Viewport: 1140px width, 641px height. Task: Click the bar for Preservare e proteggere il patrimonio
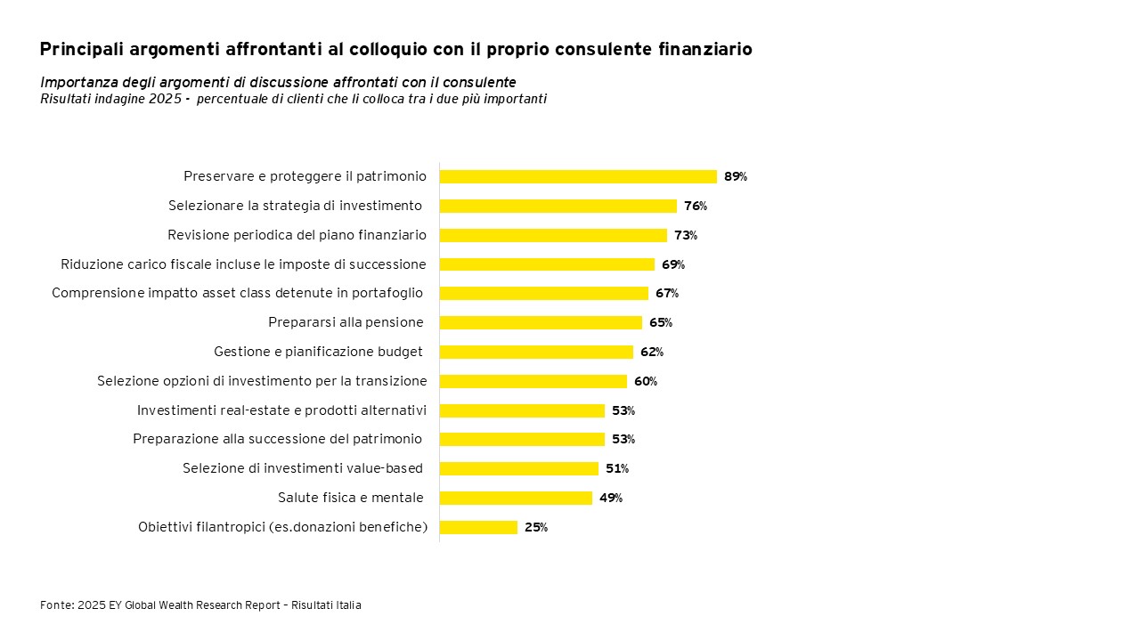tap(577, 176)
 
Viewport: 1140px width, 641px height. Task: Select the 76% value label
tap(695, 206)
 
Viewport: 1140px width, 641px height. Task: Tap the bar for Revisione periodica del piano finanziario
tap(552, 235)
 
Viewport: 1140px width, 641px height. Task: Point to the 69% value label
tap(672, 264)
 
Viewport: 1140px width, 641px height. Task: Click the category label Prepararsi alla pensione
tap(346, 322)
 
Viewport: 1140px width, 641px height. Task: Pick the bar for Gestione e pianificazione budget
tap(536, 352)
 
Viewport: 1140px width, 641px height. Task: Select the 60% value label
tap(645, 381)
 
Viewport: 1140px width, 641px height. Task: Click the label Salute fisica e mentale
tap(350, 498)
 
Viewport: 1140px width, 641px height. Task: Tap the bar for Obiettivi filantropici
tap(478, 527)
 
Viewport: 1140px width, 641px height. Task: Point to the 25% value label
tap(535, 527)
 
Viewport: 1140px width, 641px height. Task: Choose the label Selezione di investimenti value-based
tap(302, 468)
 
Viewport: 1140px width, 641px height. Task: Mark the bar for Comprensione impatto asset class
tap(543, 293)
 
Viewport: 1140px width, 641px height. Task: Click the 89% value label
tap(735, 176)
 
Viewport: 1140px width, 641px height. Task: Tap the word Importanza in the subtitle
tap(75, 83)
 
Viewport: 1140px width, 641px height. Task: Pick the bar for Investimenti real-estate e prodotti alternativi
tap(522, 410)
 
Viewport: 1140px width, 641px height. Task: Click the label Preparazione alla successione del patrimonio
tap(277, 439)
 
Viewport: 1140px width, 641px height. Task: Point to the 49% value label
tap(610, 498)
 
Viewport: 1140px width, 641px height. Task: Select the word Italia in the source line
tap(348, 605)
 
